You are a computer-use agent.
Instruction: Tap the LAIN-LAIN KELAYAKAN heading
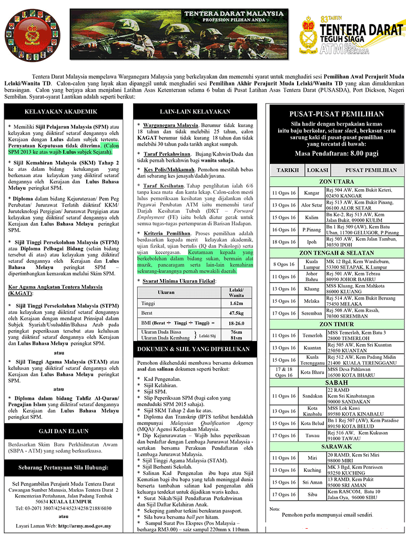pyautogui.click(x=195, y=111)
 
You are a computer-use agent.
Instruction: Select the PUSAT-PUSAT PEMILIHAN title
pyautogui.click(x=337, y=114)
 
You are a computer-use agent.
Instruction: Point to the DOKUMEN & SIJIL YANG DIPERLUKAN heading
pyautogui.click(x=195, y=349)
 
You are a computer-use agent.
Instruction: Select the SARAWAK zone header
pyautogui.click(x=337, y=446)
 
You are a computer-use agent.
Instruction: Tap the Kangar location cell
pyautogui.click(x=311, y=193)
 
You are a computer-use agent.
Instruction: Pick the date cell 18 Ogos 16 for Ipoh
pyautogui.click(x=284, y=242)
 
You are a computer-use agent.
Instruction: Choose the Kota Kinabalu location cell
pyautogui.click(x=312, y=411)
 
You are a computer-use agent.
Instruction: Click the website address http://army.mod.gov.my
pyautogui.click(x=84, y=525)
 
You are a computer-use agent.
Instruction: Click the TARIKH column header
pyautogui.click(x=287, y=170)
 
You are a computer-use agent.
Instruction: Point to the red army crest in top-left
pyautogui.click(x=33, y=33)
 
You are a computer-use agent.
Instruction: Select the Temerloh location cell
pyautogui.click(x=312, y=335)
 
